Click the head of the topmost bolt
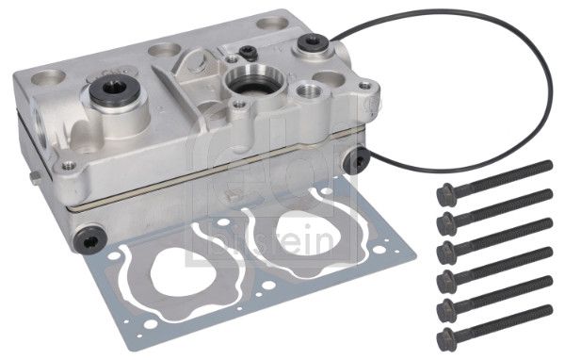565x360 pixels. (x=446, y=193)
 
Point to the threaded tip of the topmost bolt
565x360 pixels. (x=548, y=166)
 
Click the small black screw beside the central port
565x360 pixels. (x=246, y=53)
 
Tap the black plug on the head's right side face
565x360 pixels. (x=355, y=161)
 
